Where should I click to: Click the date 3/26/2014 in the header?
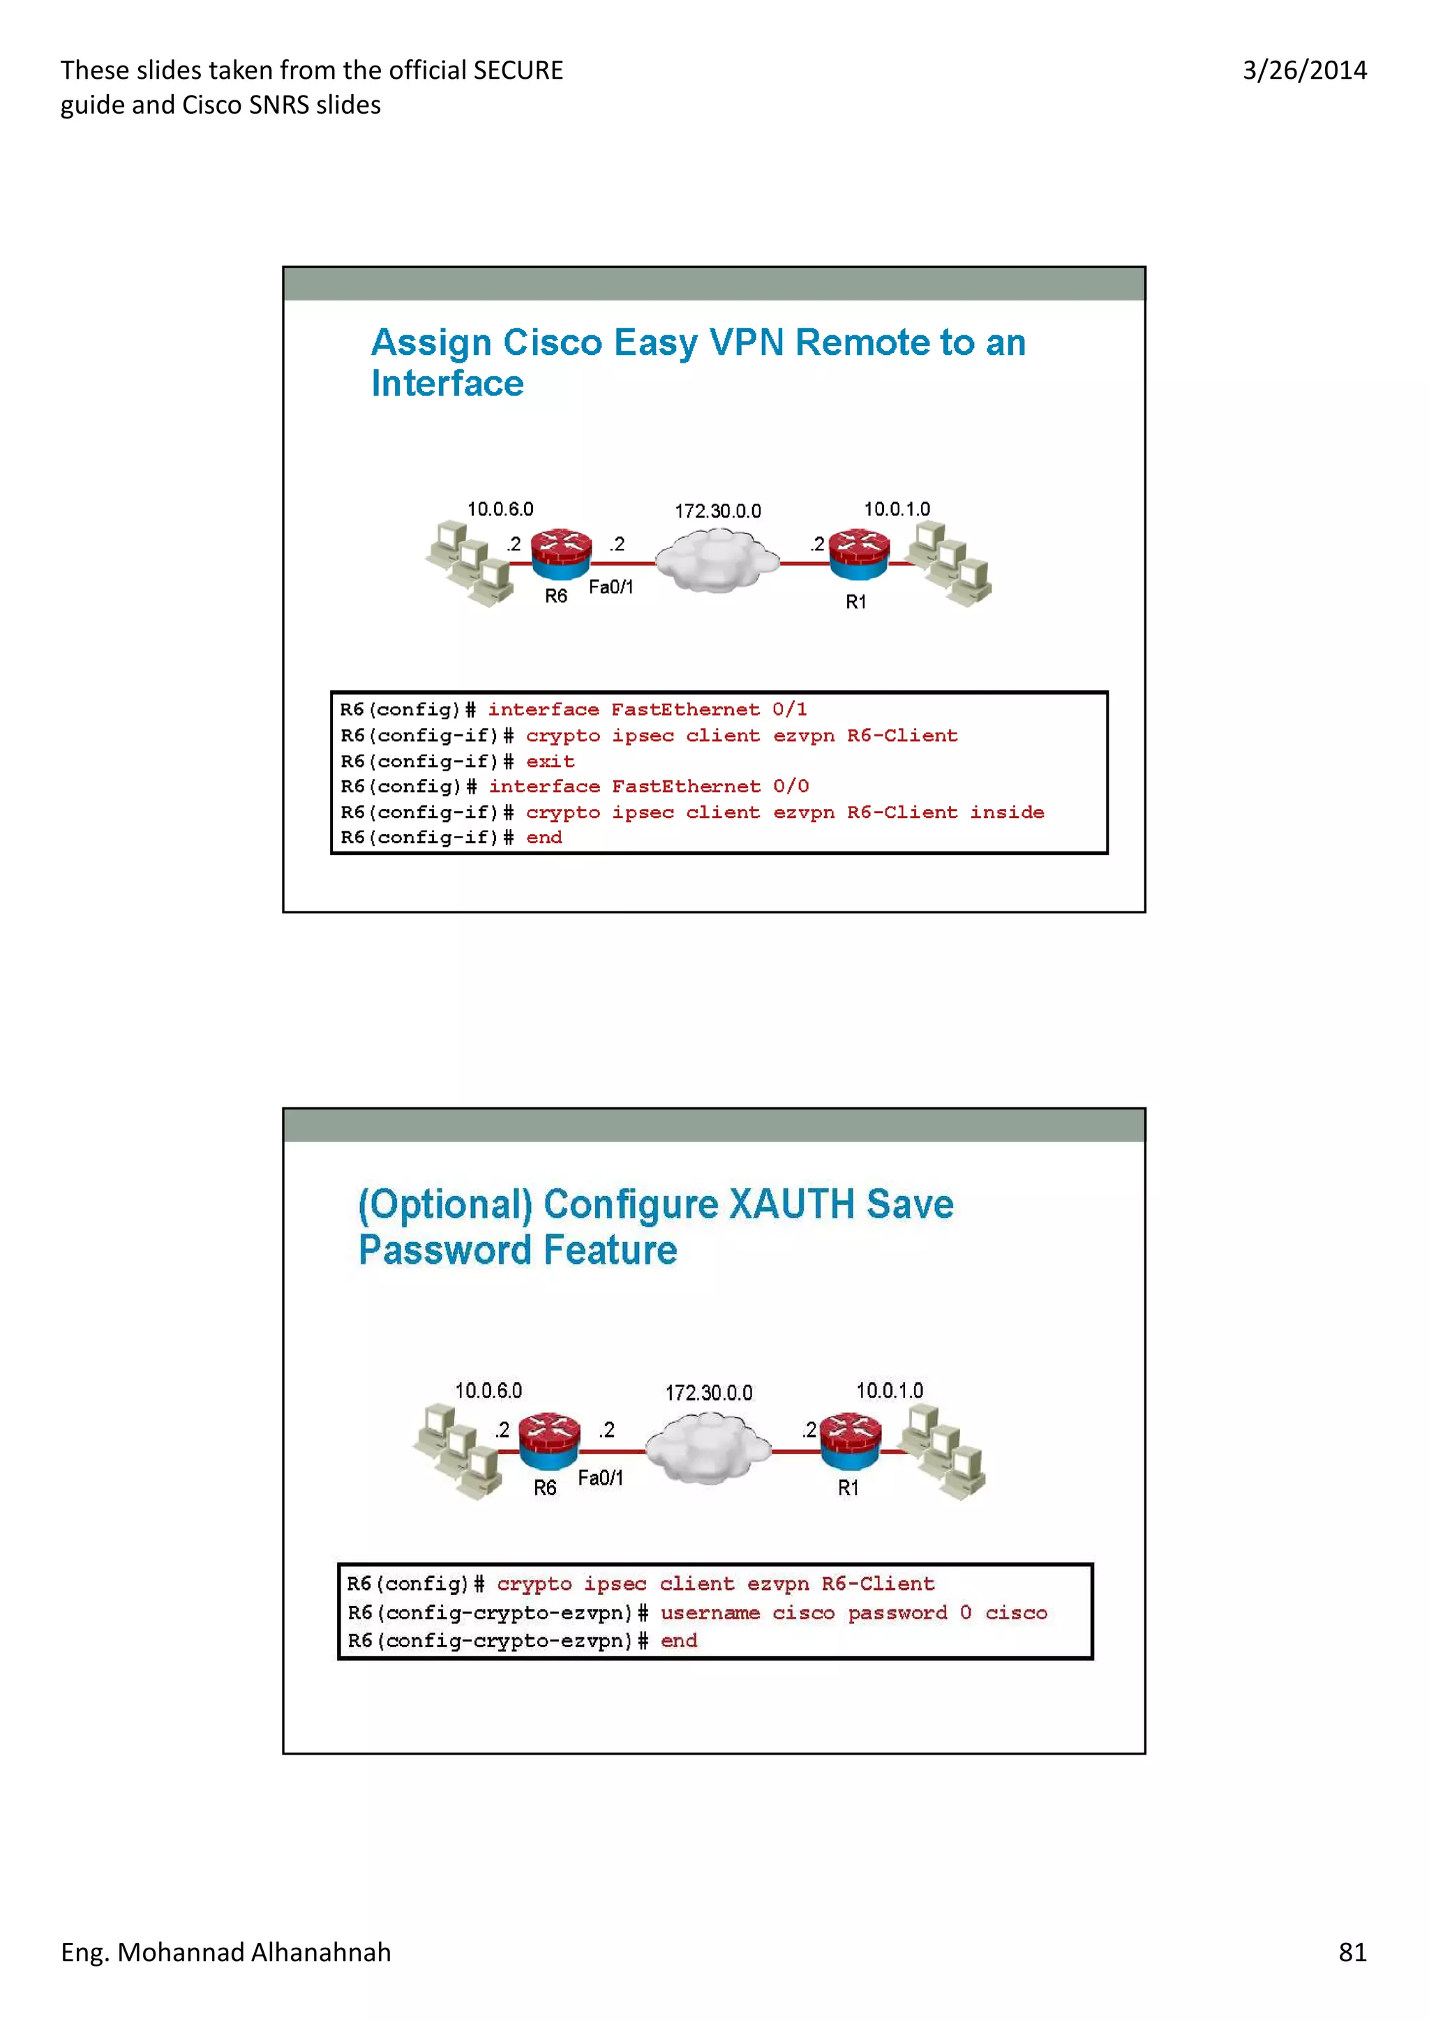pos(1304,70)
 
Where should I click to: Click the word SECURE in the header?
pos(518,70)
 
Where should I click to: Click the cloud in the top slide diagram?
pos(717,561)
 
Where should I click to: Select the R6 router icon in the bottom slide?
pos(548,1440)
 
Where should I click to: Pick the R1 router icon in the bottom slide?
pos(850,1440)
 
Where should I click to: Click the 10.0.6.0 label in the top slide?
pos(500,509)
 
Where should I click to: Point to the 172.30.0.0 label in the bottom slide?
pos(709,1393)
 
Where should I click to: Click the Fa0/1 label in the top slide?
pos(611,587)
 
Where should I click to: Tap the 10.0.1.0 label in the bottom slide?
pos(889,1390)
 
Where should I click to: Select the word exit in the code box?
pos(551,762)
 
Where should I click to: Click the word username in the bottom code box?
pos(710,1612)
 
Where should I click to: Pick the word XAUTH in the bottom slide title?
pos(791,1204)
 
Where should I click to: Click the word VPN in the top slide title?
pos(746,342)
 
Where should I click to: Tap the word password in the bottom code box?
pos(897,1612)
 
